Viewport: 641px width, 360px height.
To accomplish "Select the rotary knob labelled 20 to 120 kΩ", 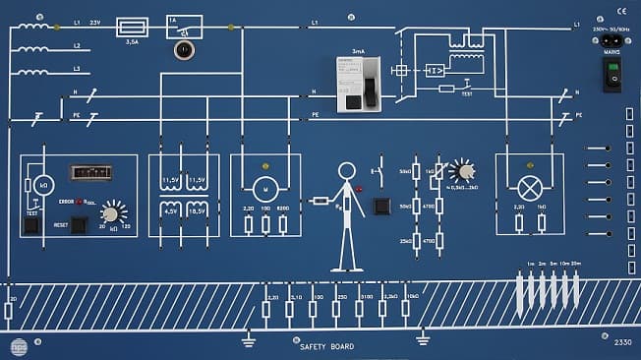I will (x=113, y=213).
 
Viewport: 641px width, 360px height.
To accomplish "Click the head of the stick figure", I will (x=346, y=171).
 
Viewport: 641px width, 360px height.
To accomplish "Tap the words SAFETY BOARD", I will (x=326, y=346).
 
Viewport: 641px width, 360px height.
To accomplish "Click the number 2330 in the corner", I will (x=622, y=343).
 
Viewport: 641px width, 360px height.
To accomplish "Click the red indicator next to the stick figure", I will (x=359, y=188).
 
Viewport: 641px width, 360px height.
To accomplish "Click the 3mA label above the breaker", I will (x=357, y=49).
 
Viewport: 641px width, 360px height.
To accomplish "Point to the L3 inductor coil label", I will (x=77, y=69).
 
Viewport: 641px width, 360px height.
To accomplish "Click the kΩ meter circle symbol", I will (x=43, y=185).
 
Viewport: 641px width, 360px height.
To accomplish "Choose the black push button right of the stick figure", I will (x=379, y=207).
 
